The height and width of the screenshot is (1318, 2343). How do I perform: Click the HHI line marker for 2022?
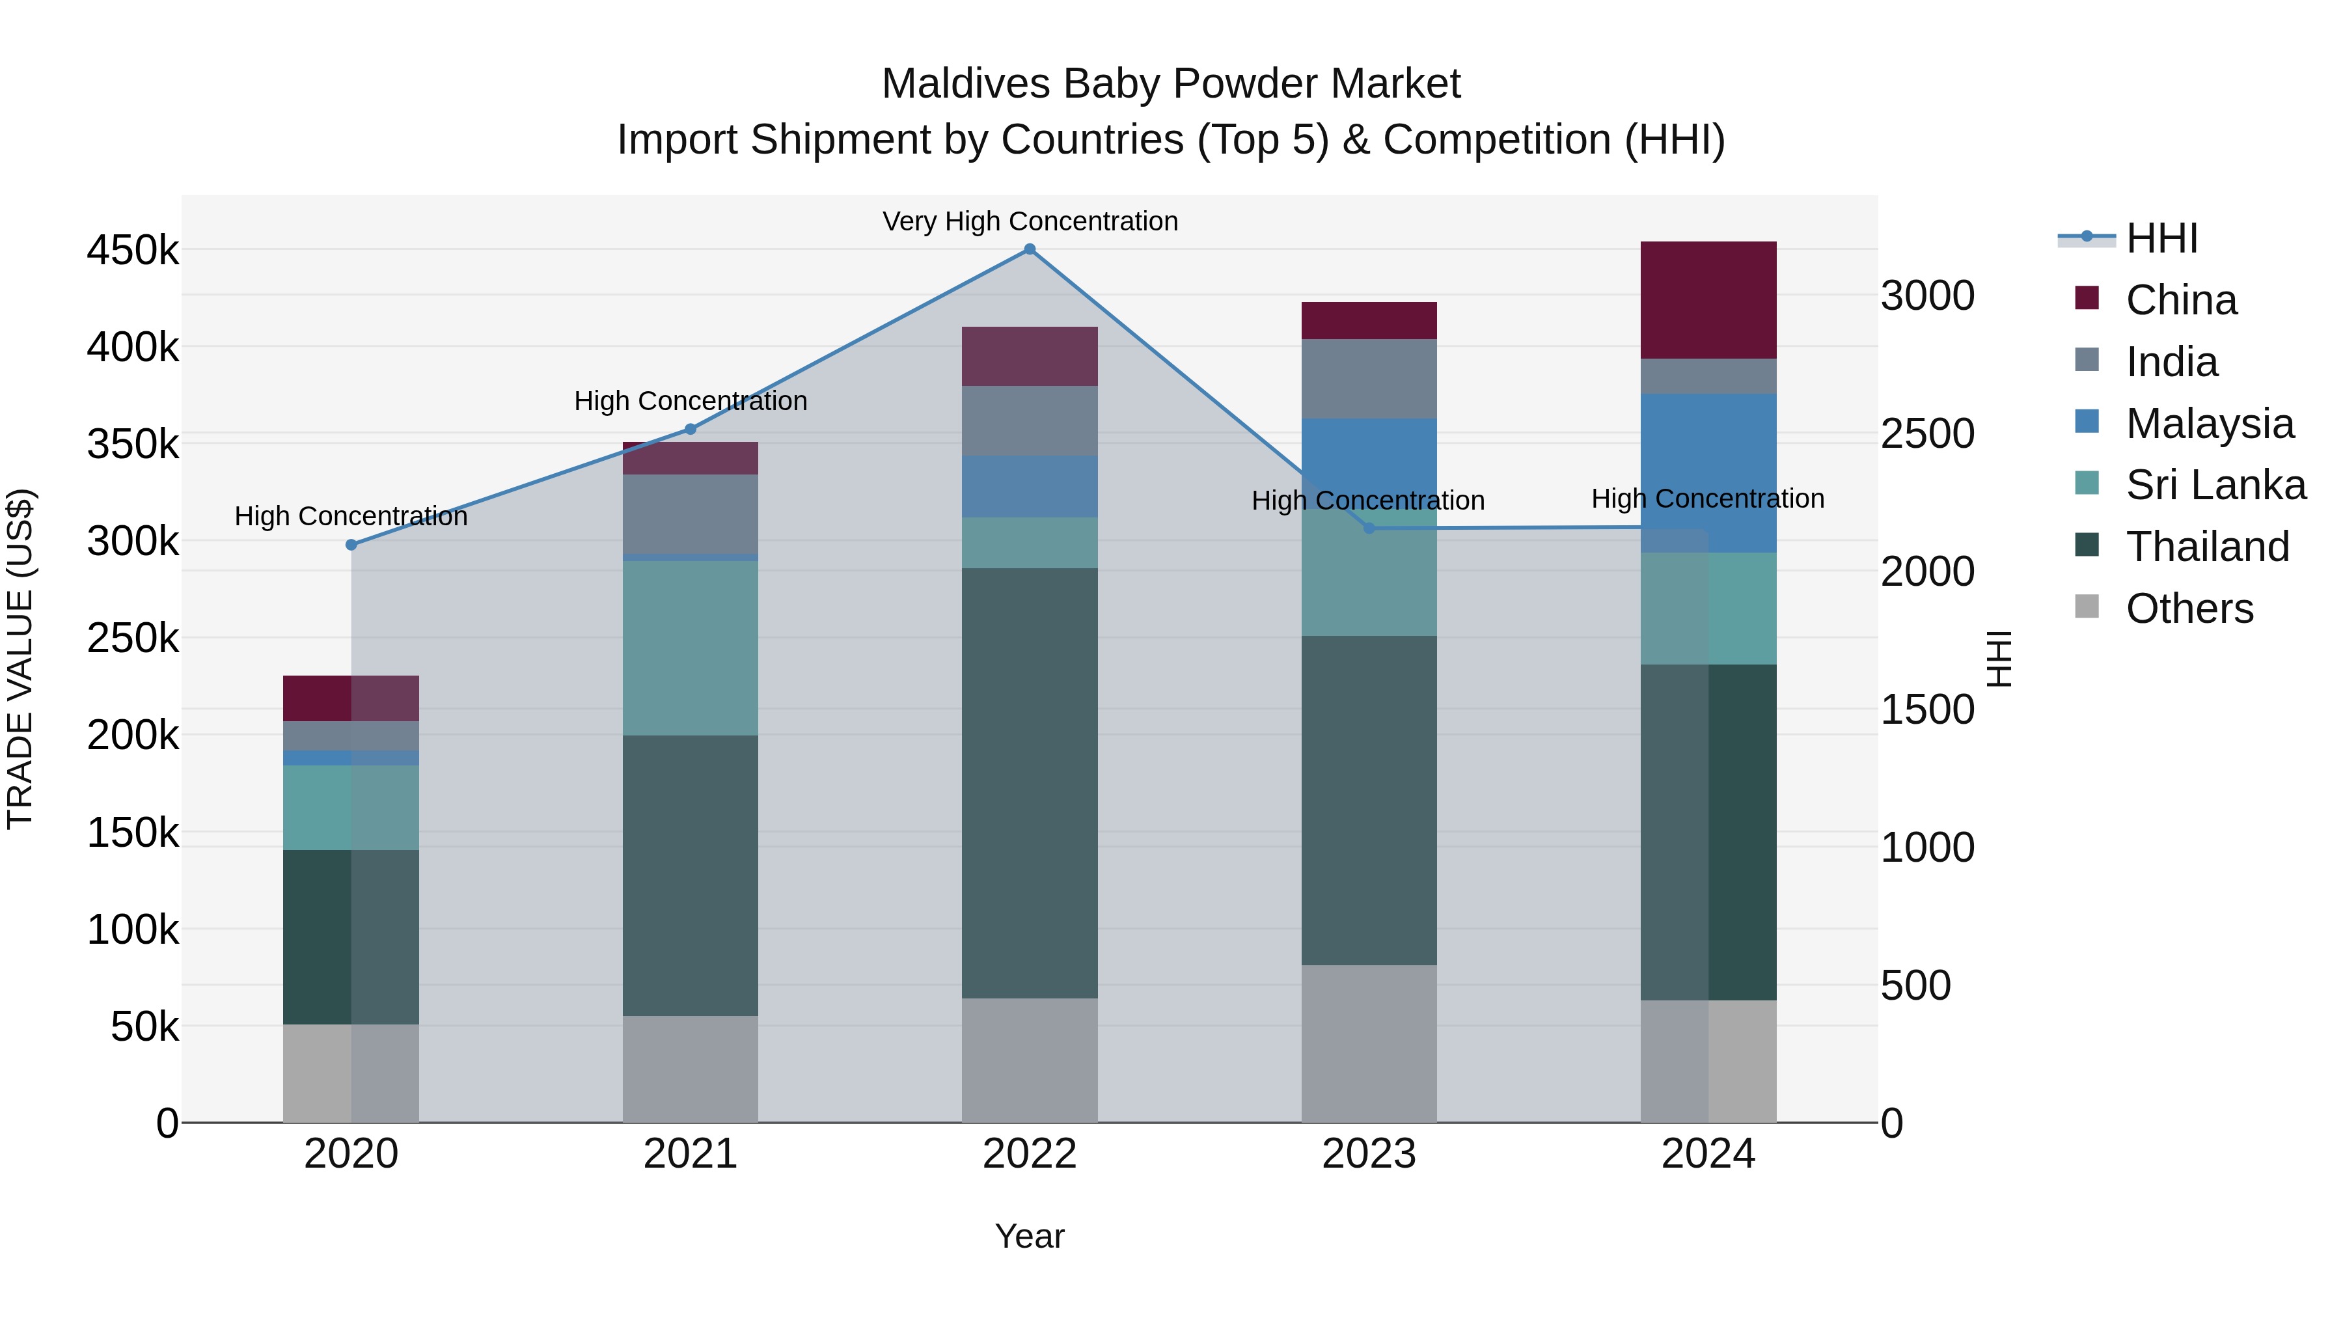coord(1030,249)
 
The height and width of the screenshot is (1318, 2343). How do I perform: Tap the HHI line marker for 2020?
coord(351,545)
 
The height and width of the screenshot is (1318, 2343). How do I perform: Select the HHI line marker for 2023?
coord(1369,529)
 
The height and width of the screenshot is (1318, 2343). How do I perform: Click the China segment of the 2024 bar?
coord(1708,300)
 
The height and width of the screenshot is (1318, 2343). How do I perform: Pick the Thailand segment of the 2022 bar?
coord(1030,783)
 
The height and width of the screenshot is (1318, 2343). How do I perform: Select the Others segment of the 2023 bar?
coord(1369,1043)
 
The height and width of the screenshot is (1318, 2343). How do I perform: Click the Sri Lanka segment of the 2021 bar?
coord(691,648)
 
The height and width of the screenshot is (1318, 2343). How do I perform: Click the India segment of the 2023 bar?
coord(1369,378)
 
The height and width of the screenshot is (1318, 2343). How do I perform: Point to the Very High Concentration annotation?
coord(1030,221)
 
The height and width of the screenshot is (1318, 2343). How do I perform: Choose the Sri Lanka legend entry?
coord(2215,485)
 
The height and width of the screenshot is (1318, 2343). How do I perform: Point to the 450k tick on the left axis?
coord(133,250)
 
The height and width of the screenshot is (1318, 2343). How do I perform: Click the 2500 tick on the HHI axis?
coord(1927,434)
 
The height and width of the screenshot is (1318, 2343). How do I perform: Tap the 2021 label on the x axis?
coord(691,1154)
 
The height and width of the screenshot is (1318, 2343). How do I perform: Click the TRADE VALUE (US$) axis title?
coord(20,659)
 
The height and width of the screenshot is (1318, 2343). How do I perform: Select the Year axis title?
coord(1030,1236)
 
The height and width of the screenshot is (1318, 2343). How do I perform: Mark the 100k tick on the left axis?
coord(133,929)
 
